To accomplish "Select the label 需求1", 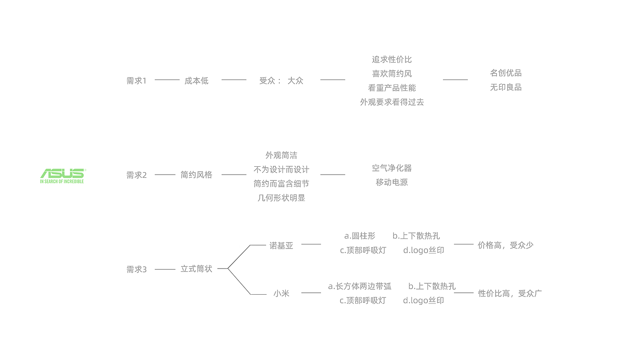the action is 136,81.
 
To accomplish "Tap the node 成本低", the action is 196,81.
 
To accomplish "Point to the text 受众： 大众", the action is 281,80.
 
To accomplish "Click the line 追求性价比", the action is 392,59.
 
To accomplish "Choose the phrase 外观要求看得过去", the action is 392,102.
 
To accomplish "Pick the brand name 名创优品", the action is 506,73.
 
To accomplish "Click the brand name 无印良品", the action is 506,87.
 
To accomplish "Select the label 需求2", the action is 136,175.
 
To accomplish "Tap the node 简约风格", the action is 196,175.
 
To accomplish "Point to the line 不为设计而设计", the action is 281,169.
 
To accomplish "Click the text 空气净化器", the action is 392,168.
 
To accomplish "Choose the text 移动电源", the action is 392,182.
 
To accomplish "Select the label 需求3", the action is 136,269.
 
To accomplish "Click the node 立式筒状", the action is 196,269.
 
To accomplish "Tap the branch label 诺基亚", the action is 281,245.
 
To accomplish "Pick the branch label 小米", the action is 281,293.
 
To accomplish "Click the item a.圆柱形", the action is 360,236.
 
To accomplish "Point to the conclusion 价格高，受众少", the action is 506,245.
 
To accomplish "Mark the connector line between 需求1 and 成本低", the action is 167,79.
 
